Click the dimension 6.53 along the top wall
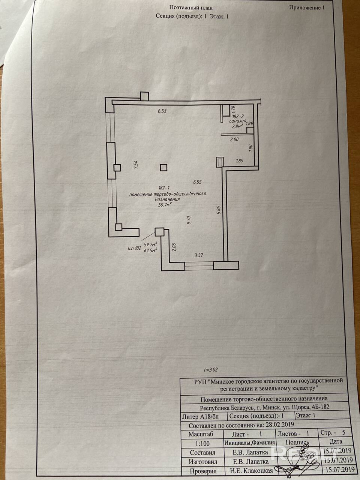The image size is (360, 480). [x=162, y=111]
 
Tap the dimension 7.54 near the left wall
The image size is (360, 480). [x=136, y=165]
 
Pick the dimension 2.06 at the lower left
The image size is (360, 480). [x=174, y=247]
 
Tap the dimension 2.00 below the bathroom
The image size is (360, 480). [x=234, y=139]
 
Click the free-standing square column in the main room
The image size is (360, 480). [x=163, y=168]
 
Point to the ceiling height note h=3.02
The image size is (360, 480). [x=210, y=369]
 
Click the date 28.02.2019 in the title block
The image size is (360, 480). [x=280, y=425]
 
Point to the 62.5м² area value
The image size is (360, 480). [x=150, y=250]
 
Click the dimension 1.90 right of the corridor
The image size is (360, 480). [x=251, y=148]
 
